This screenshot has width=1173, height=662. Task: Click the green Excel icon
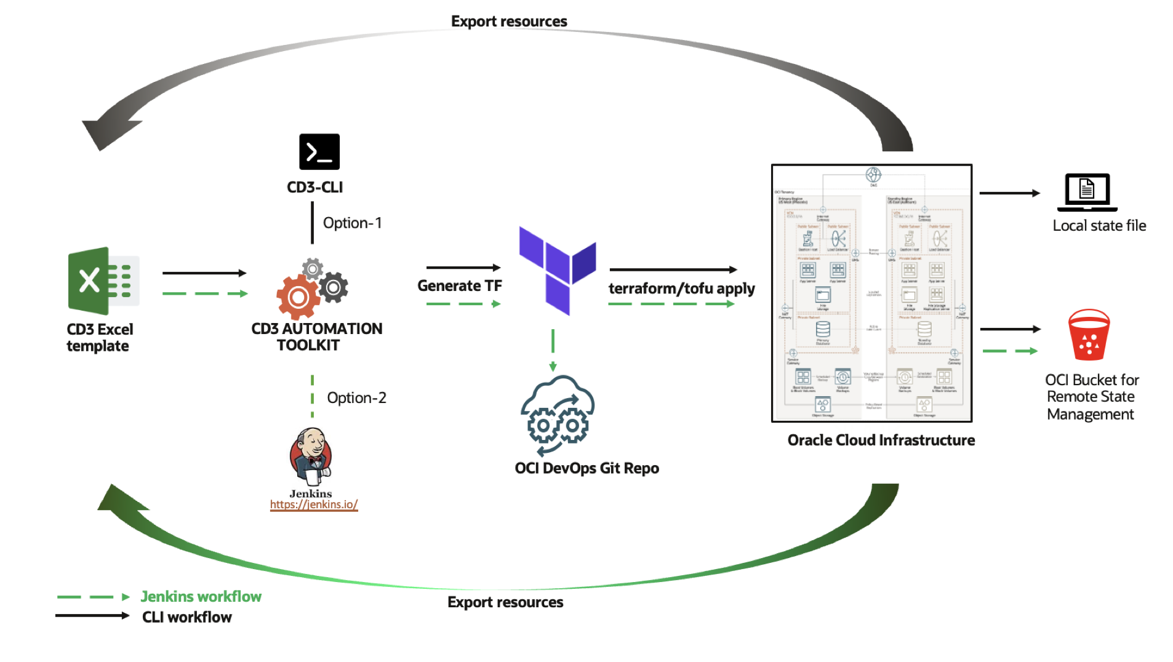coord(103,281)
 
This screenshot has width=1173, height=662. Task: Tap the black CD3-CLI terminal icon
coord(319,151)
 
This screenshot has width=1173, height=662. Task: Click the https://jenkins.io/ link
coord(313,504)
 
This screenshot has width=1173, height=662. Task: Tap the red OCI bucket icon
coord(1089,335)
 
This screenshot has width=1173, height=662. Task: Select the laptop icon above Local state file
coord(1086,191)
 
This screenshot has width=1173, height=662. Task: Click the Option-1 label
coord(352,223)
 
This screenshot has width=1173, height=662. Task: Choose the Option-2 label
coord(356,397)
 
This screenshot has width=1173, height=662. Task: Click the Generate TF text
coord(459,285)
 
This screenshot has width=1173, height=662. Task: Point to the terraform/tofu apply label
coord(681,288)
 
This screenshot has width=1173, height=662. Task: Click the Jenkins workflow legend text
coord(201,596)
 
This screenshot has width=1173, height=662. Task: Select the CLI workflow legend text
coord(186,616)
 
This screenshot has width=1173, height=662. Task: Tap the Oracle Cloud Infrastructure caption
coord(881,440)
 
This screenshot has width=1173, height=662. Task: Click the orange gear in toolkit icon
coord(298,297)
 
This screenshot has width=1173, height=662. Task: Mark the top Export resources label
coord(509,21)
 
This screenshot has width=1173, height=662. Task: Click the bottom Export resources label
coord(505,602)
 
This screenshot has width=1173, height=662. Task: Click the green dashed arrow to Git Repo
coord(553,349)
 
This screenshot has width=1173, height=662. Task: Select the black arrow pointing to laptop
coord(1009,193)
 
